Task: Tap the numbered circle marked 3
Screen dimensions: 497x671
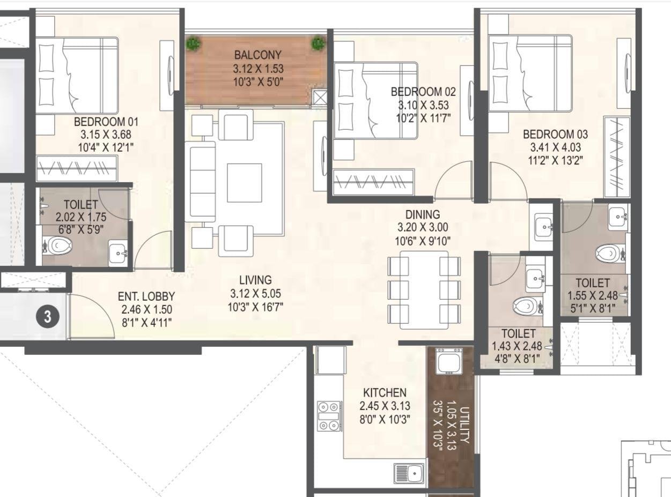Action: (47, 316)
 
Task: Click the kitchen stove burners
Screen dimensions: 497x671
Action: (329, 416)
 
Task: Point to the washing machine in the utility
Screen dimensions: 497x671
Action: (448, 361)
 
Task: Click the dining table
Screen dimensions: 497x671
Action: (424, 290)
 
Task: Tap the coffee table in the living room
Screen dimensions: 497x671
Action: (244, 182)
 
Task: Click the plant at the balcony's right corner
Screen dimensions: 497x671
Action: (319, 43)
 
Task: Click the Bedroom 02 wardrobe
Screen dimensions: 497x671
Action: (373, 182)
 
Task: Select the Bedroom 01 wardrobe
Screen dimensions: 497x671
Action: (76, 168)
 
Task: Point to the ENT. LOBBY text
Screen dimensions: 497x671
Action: (146, 296)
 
